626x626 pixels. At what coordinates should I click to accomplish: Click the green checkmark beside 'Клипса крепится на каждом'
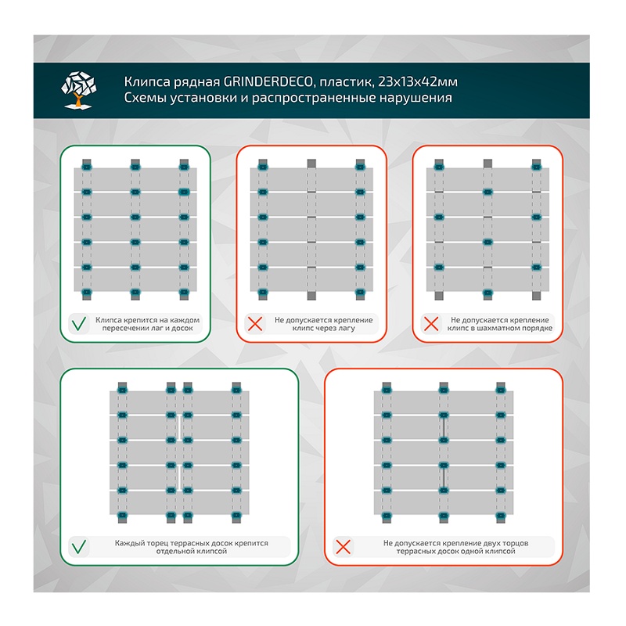click(79, 324)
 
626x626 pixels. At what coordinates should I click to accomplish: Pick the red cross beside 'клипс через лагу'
click(254, 324)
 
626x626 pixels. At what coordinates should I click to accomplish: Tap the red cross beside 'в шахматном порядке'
click(430, 324)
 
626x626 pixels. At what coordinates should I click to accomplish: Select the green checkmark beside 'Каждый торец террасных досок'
click(79, 546)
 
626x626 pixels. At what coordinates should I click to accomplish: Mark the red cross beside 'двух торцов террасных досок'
click(342, 546)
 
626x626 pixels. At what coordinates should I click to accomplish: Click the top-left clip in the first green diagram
click(86, 167)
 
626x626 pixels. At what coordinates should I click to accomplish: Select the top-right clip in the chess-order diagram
click(536, 167)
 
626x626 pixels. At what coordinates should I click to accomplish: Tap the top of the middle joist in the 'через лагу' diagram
click(311, 163)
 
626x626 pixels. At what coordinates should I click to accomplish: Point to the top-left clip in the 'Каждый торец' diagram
click(122, 388)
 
